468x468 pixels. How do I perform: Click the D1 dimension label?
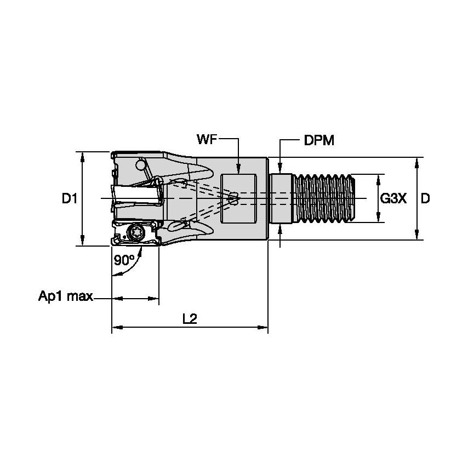(70, 199)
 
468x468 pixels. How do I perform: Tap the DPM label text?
(319, 141)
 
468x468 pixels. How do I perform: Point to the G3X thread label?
(393, 199)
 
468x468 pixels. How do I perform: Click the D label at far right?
(425, 199)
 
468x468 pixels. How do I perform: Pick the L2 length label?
(190, 319)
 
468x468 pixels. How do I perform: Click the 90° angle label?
(124, 260)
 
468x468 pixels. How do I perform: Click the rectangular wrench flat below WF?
(238, 198)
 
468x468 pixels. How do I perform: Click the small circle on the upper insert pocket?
(141, 165)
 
